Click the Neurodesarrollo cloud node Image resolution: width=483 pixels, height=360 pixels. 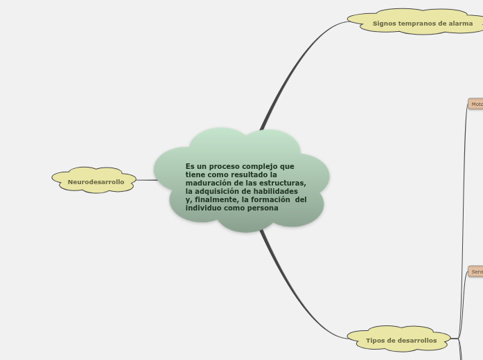click(x=96, y=181)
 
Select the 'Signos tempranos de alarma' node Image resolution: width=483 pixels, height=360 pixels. click(x=422, y=23)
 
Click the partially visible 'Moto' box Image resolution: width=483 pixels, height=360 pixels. click(x=476, y=104)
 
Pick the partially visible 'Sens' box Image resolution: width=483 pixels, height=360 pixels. click(x=476, y=271)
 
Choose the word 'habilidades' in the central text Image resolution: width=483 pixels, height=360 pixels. click(x=275, y=191)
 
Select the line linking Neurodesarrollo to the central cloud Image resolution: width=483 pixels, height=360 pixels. click(x=146, y=180)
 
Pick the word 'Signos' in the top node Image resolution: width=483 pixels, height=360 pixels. click(x=385, y=23)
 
